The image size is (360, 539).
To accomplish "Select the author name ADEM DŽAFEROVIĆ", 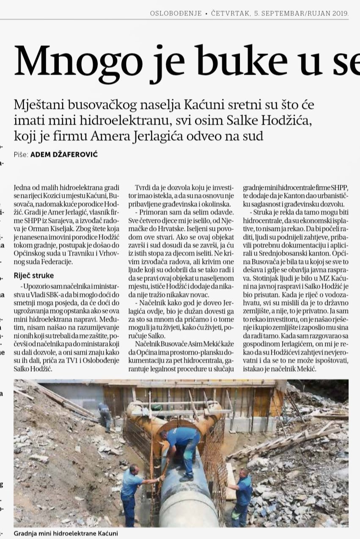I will click(64, 155).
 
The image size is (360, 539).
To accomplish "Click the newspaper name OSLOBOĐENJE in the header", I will click(176, 14).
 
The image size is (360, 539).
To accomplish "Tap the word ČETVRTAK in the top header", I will click(230, 14).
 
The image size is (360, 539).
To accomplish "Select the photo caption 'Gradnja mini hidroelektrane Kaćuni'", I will click(66, 533).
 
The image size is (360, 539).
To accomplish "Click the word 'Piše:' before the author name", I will click(21, 155).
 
